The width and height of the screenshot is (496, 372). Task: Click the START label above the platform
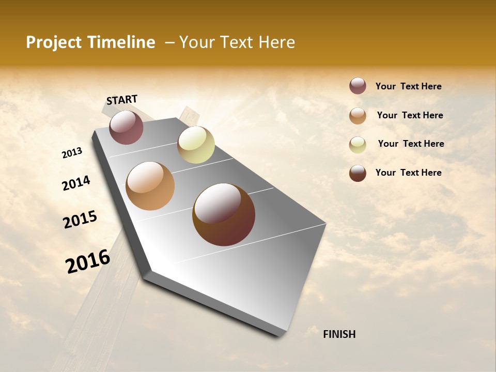(x=122, y=99)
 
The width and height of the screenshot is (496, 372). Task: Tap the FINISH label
(x=339, y=334)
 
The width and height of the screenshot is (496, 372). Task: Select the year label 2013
(x=72, y=153)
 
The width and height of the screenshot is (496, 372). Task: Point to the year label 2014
(x=76, y=183)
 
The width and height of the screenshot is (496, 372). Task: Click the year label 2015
(x=80, y=219)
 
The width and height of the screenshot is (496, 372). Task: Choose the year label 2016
(x=88, y=261)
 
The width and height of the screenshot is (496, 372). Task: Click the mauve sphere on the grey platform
(x=126, y=127)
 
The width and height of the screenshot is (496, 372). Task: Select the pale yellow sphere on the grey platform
(x=196, y=145)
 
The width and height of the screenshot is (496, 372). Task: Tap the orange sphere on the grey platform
(x=150, y=186)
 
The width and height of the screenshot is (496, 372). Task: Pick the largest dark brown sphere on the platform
(x=224, y=214)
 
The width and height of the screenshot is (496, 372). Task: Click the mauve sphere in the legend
(x=358, y=86)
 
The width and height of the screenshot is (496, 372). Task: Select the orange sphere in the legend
(x=358, y=116)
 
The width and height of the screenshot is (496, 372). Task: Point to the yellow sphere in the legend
(x=358, y=145)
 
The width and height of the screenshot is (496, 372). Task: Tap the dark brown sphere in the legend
(x=358, y=173)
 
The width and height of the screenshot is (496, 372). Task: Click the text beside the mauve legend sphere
(x=408, y=87)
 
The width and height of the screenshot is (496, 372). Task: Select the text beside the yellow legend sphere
(x=411, y=144)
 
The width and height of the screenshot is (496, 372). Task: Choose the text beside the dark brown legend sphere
(x=408, y=173)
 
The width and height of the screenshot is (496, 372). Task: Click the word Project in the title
(x=53, y=42)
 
